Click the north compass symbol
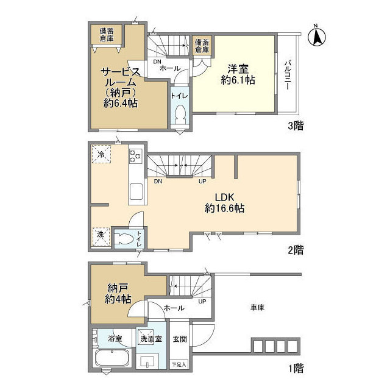click(317, 37)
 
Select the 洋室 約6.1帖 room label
click(238, 74)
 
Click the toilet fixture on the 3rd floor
click(180, 115)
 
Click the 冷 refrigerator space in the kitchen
click(101, 154)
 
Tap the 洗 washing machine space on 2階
click(101, 236)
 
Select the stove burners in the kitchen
click(136, 156)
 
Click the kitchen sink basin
click(136, 192)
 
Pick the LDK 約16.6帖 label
click(224, 203)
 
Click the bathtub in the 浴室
click(112, 358)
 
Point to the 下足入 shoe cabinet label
click(179, 364)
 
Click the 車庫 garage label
click(257, 308)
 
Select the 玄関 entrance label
click(180, 339)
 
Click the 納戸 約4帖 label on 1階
click(118, 294)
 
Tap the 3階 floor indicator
click(296, 126)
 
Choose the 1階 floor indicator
click(296, 368)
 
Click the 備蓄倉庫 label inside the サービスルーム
click(107, 35)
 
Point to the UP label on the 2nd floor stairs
click(202, 182)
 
